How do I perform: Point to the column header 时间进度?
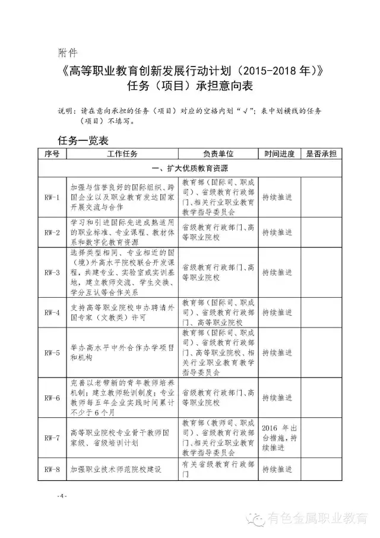pyautogui.click(x=279, y=153)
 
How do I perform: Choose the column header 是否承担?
pyautogui.click(x=321, y=153)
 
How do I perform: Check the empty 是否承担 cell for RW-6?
pyautogui.click(x=321, y=397)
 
